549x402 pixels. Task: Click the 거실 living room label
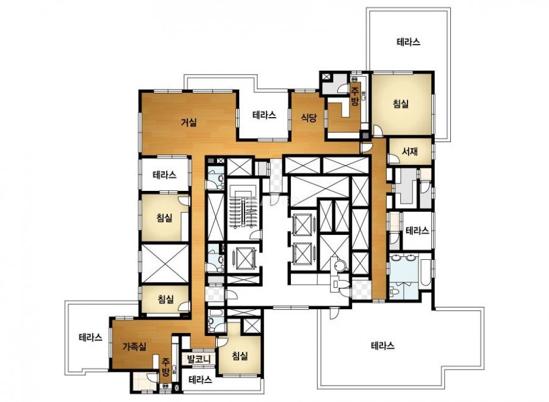coord(188,123)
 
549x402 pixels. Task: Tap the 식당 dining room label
coord(309,118)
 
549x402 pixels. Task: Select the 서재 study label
coord(410,151)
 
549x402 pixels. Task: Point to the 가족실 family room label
coord(134,346)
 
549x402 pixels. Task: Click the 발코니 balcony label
coord(198,359)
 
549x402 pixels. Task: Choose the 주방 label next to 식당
coord(355,96)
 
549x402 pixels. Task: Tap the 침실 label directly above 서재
coord(401,104)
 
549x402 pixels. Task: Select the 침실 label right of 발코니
coord(240,356)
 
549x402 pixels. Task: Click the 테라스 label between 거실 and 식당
coord(264,115)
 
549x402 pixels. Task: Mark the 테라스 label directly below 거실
coord(165,174)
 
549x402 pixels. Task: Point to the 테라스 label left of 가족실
coord(91,337)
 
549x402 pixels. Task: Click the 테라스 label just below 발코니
coord(200,380)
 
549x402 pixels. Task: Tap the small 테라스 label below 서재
coord(417,231)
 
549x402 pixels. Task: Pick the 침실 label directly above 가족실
coord(165,300)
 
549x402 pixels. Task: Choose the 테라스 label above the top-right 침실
coord(409,42)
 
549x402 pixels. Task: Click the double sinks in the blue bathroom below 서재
coord(403,258)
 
